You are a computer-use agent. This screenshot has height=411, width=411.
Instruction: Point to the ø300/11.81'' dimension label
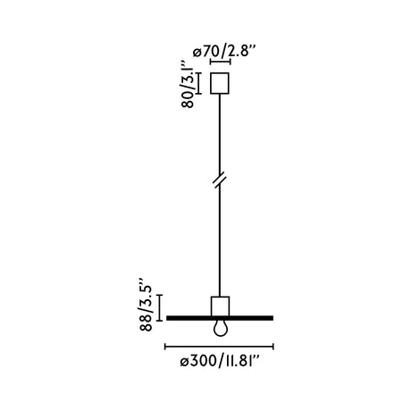click(219, 363)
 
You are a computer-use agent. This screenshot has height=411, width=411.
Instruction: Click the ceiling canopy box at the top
click(219, 83)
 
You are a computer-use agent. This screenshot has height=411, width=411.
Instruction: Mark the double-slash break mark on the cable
click(219, 180)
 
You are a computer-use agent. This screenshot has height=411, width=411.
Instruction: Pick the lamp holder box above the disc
click(219, 305)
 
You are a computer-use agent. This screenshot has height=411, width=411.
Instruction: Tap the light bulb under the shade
click(219, 328)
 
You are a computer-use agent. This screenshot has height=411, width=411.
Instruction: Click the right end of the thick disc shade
click(271, 317)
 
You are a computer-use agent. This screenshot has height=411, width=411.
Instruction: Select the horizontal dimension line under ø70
click(219, 63)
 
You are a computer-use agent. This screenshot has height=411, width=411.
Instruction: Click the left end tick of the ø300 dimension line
click(166, 347)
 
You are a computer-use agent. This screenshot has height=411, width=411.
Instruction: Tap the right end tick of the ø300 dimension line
click(273, 347)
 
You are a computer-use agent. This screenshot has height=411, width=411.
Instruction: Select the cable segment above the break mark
click(219, 134)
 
